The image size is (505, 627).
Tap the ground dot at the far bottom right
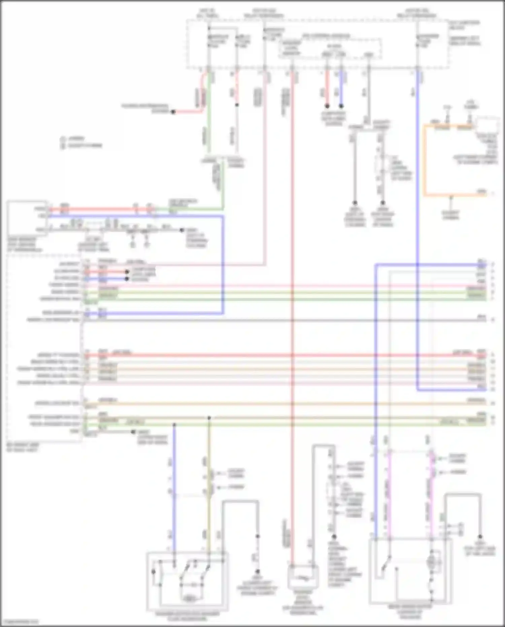click(x=480, y=537)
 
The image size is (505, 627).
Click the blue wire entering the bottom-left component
click(x=174, y=489)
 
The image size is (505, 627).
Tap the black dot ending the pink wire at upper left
click(x=173, y=112)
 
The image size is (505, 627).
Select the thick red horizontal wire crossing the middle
click(x=269, y=355)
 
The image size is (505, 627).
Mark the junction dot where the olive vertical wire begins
click(x=209, y=418)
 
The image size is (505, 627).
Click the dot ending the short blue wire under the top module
click(x=341, y=106)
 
